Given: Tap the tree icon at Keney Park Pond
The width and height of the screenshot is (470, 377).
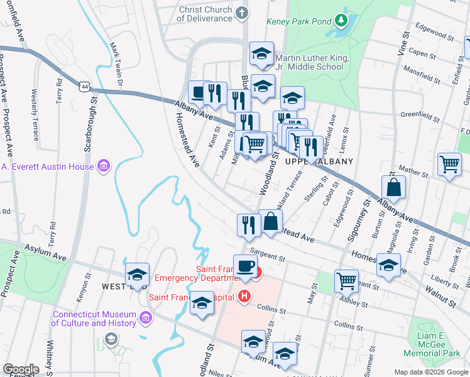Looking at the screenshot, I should coord(341,21).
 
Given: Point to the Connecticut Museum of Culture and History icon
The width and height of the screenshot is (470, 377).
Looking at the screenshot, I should coord(146,318).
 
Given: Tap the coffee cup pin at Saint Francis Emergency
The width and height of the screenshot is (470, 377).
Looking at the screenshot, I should coord(245,265).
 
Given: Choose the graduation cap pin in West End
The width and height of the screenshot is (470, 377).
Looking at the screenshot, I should coord(137,274).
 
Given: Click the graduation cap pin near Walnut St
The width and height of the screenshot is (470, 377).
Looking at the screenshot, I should coord(389,265).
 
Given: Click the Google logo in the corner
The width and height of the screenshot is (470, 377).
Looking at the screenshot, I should coord(21,369).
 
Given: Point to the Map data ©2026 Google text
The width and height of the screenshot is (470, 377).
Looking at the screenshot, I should coord(430,372).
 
